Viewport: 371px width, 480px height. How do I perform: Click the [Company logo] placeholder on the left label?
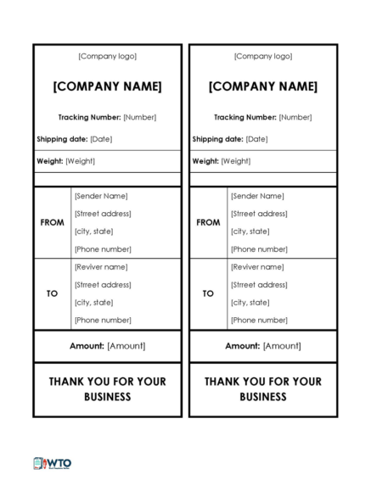point(107,57)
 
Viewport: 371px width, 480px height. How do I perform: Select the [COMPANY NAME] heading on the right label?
point(263,87)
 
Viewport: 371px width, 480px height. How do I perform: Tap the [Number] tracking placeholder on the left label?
point(140,118)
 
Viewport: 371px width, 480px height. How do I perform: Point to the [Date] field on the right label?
point(256,139)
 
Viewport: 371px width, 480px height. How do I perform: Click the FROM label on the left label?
point(52,222)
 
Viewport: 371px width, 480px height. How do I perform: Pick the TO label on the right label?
point(208,293)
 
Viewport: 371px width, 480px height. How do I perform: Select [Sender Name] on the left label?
point(101,196)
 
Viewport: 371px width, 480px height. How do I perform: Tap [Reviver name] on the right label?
point(258,267)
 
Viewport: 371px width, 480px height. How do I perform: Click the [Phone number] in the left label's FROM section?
point(103,249)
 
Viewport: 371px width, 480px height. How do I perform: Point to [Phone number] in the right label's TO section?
point(259,321)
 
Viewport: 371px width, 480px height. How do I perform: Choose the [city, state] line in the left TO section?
point(93,303)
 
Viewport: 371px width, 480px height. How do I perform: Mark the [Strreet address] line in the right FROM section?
point(259,214)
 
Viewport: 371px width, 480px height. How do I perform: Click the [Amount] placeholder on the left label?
point(126,346)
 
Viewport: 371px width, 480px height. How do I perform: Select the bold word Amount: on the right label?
point(242,346)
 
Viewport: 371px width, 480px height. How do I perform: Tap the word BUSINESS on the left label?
point(107,397)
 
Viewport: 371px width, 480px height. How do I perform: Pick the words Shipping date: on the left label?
point(62,139)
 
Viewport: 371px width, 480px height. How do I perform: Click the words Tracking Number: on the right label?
point(245,118)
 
